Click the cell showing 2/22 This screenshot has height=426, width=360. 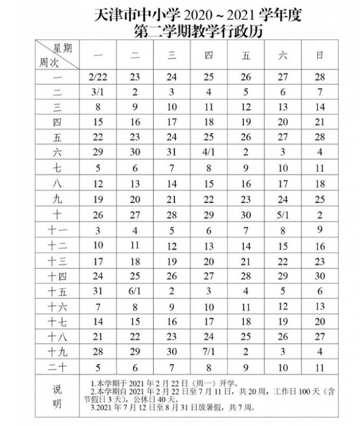pos(98,75)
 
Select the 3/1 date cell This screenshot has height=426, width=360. pos(98,91)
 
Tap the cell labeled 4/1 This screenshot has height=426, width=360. pos(208,152)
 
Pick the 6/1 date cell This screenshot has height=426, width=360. pos(135,291)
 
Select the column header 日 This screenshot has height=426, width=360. pos(320,55)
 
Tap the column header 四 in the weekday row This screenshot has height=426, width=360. pos(208,55)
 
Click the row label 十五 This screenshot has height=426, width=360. pos(57,291)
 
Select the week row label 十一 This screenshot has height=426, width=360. pos(57,230)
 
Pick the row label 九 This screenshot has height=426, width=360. pos(57,199)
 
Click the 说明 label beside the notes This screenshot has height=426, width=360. pos(57,398)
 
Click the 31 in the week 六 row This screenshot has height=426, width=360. pos(171,152)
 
